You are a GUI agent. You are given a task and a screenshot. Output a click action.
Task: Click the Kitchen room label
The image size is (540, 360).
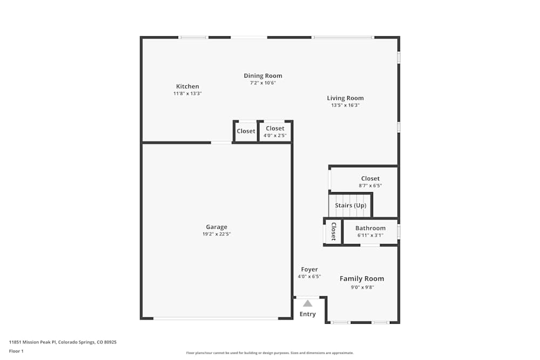point(187,86)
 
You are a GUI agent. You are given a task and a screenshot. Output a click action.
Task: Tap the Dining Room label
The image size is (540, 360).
point(263,76)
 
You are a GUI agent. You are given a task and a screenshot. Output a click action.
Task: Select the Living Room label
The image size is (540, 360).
point(345,98)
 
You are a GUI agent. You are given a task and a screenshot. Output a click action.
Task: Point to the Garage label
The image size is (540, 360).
point(217,227)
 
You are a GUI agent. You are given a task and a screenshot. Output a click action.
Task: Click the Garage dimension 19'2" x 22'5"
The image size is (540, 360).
point(217,234)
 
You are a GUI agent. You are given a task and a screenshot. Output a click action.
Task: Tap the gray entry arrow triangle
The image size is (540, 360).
point(307,303)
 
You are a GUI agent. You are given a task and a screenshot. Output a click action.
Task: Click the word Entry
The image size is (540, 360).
point(307,314)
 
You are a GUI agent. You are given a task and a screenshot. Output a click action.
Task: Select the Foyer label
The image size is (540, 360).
point(309,269)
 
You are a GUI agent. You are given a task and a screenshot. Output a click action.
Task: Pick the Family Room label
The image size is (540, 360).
point(362,279)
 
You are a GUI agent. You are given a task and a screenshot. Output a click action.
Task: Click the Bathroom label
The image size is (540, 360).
point(370,228)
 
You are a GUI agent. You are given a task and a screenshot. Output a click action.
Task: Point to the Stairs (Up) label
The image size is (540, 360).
point(350,206)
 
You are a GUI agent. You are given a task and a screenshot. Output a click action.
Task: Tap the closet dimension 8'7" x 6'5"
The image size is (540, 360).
point(370,186)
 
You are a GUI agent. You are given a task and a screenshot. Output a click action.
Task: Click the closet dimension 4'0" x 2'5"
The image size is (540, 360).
point(275,135)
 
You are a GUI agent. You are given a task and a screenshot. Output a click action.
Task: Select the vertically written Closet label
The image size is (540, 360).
point(333,232)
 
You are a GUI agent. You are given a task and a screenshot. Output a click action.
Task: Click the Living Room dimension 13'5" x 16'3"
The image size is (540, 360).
point(345,105)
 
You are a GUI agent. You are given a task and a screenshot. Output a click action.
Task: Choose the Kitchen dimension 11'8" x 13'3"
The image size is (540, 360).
point(187,93)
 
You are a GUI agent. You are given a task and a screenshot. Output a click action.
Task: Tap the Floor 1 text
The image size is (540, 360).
point(16,351)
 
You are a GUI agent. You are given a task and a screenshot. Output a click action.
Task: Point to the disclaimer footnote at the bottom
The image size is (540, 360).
point(270,353)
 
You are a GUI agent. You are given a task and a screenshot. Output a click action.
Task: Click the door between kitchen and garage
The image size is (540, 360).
point(221,142)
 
